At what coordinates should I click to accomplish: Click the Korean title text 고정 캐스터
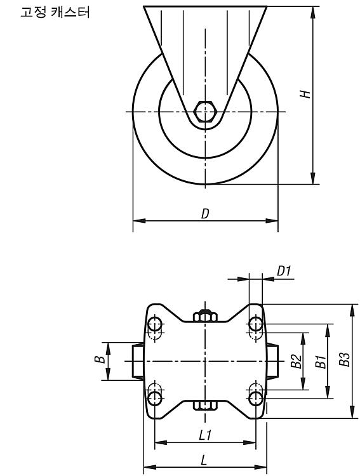tap(55, 13)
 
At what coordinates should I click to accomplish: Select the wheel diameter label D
tap(205, 213)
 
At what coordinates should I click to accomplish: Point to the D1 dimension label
tap(284, 271)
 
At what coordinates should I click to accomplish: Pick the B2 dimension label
tap(297, 361)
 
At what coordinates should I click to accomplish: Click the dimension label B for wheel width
tap(100, 360)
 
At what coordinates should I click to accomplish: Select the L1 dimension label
tap(205, 436)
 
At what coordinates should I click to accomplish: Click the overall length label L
tap(204, 461)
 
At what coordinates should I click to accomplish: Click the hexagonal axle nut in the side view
tap(205, 112)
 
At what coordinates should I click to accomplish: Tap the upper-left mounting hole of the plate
tap(156, 324)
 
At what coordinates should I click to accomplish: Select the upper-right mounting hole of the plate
tap(256, 324)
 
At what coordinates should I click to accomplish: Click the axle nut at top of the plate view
tap(205, 315)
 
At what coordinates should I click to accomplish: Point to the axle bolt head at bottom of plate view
tap(205, 405)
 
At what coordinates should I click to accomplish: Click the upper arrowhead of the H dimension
tap(313, 12)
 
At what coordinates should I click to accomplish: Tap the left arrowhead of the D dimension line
tap(139, 221)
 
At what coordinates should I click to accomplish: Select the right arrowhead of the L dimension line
tap(261, 466)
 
